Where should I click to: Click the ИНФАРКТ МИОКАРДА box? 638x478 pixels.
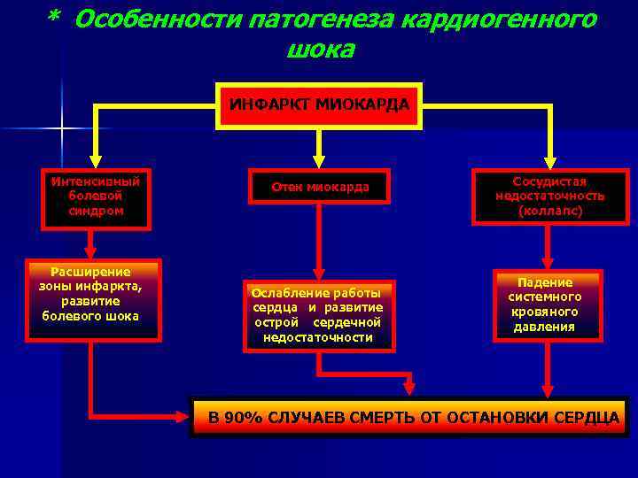pos(319,105)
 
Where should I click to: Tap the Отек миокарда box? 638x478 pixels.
pos(319,187)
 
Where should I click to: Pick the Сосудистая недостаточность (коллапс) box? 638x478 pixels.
pos(549,196)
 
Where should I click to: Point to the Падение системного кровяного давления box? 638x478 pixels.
pos(548,305)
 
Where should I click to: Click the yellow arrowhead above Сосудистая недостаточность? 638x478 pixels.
pos(549,160)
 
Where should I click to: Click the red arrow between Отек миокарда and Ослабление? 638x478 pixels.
pos(319,239)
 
